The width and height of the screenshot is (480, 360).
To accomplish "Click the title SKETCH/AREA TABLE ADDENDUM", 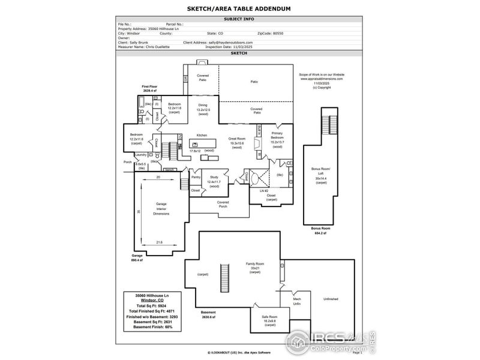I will [x=239, y=9].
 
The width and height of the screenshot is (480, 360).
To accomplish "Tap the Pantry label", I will [x=196, y=177].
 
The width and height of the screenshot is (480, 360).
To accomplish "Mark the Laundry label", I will [x=140, y=155].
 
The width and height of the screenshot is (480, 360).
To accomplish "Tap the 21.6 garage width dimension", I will [x=159, y=242].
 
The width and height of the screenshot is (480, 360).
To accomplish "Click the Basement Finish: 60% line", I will [x=152, y=327].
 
